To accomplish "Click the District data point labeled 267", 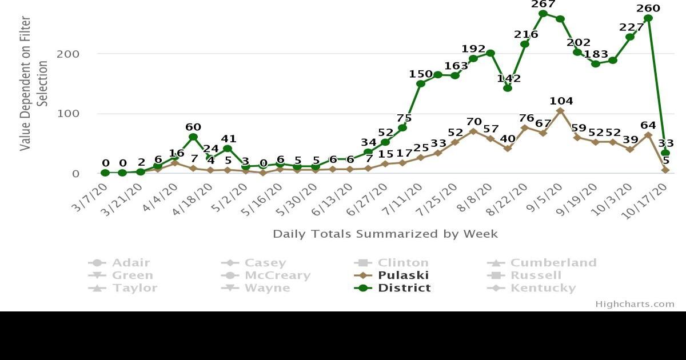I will click(543, 14).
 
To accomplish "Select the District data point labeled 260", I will click(648, 18).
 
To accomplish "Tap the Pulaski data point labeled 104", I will click(560, 111).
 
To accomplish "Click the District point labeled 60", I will click(193, 137).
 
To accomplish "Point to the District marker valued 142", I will click(508, 88).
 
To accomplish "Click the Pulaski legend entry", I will click(403, 275).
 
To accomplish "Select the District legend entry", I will click(404, 288).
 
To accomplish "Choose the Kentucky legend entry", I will click(543, 288).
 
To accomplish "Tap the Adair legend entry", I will click(130, 263).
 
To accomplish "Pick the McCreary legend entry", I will click(277, 275).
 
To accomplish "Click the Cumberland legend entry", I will click(553, 263).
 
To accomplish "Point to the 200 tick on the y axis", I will click(67, 54).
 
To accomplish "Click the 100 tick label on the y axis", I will click(67, 114).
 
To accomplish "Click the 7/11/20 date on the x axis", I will click(404, 198).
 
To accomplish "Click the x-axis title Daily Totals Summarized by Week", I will click(385, 234).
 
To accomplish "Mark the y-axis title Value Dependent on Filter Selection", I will click(34, 83).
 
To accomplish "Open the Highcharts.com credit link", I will click(635, 304).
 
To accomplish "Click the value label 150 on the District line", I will click(420, 74).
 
